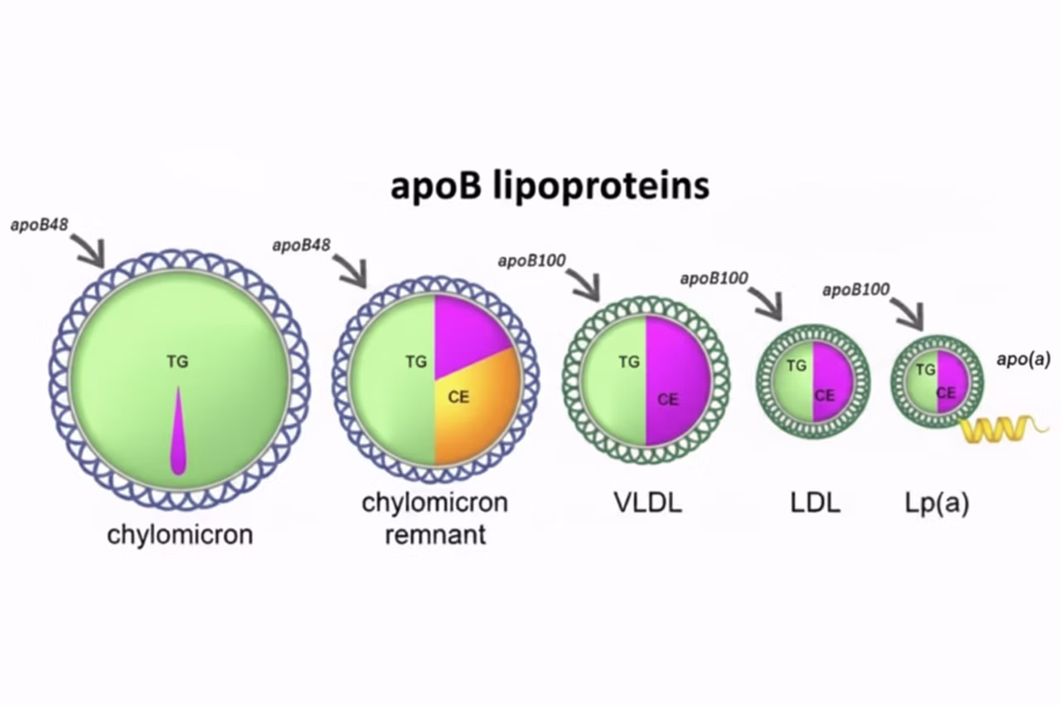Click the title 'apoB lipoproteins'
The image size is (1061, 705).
tap(550, 186)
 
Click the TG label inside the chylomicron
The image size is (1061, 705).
tap(177, 361)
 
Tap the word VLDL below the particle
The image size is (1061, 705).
tap(648, 503)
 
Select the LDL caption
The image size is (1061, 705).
tap(815, 503)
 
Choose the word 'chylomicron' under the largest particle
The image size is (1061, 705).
tap(180, 533)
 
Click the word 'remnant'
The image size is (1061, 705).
tap(435, 533)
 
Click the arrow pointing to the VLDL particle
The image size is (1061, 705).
tap(584, 284)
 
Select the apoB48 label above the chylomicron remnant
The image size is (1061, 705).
tap(302, 245)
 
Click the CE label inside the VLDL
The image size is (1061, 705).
tap(667, 399)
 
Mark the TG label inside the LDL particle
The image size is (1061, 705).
tap(796, 365)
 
